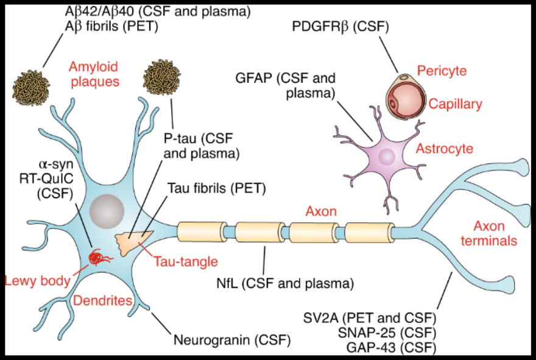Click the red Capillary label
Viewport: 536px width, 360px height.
point(455,104)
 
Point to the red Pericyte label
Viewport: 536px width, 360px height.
point(442,71)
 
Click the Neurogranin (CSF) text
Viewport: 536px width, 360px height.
point(231,339)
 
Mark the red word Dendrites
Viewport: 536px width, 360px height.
point(103,300)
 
